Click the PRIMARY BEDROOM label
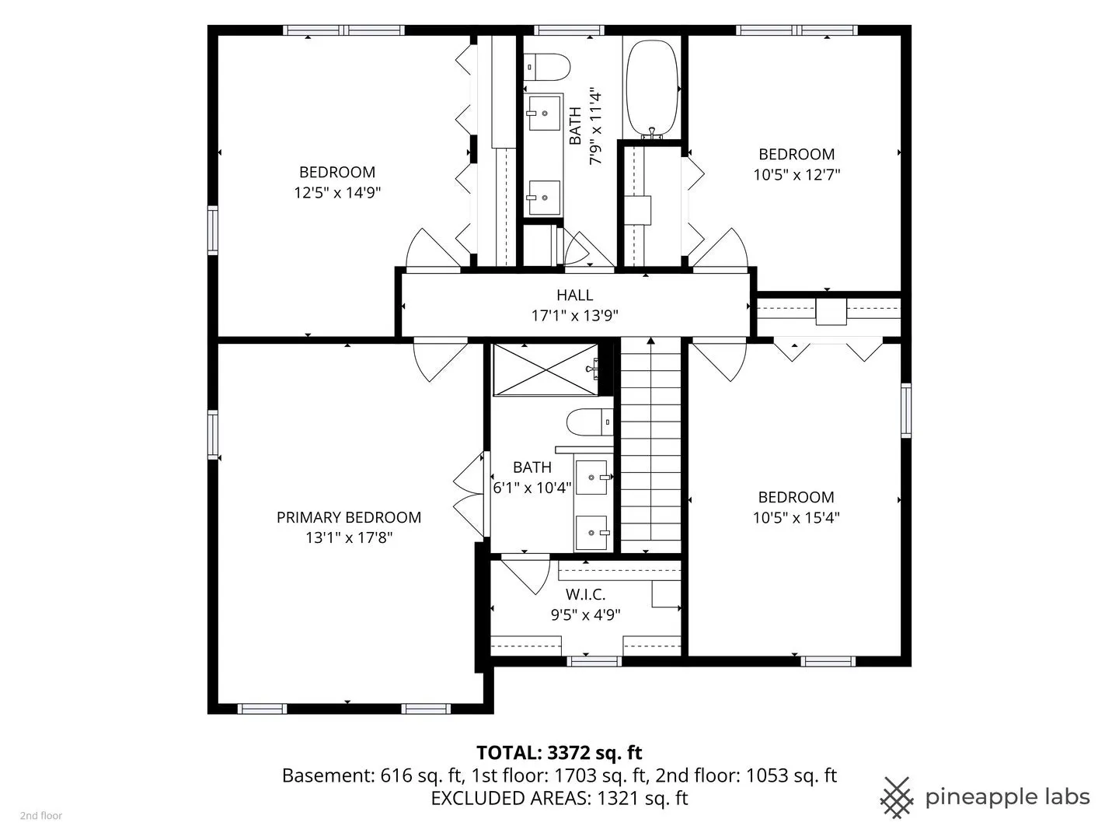click(x=349, y=517)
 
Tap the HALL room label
click(x=574, y=295)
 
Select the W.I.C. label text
click(x=585, y=594)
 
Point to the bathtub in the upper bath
click(x=652, y=89)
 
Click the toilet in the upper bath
click(x=546, y=67)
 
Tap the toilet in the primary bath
click(x=590, y=422)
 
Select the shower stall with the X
click(x=546, y=369)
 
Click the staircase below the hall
click(x=651, y=445)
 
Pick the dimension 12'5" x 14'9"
click(x=337, y=193)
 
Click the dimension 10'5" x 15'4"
click(x=797, y=518)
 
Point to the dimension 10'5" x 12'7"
click(x=797, y=175)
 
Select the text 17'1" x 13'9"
click(x=574, y=316)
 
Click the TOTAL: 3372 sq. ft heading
click(x=559, y=752)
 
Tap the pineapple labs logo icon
click(x=898, y=796)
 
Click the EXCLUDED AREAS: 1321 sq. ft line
click(x=559, y=798)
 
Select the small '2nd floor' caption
click(x=41, y=816)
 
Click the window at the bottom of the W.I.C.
click(x=594, y=661)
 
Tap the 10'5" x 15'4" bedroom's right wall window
click(x=906, y=411)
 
